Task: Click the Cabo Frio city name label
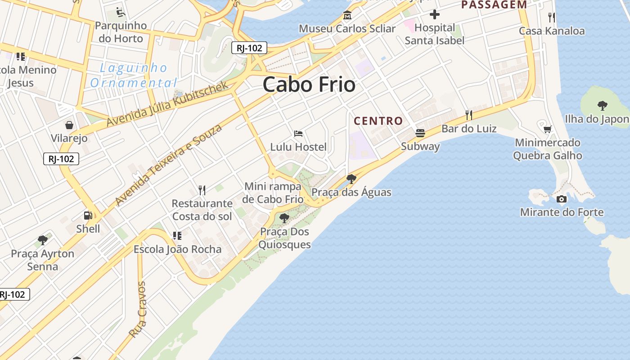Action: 309,85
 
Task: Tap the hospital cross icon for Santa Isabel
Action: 434,15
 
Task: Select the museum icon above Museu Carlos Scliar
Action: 347,15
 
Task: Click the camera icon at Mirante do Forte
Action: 561,199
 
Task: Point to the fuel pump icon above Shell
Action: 88,216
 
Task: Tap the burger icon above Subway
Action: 420,133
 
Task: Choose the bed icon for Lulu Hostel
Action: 298,134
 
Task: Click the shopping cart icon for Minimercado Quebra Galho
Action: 548,130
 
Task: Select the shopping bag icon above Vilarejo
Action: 69,125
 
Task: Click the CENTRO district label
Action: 378,121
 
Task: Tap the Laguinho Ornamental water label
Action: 134,76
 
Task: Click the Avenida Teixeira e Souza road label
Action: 169,165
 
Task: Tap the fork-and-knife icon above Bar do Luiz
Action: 469,115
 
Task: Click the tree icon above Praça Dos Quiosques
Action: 284,219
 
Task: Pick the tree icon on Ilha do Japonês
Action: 602,106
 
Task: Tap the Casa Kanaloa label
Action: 552,31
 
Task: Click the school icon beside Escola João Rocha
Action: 177,235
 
